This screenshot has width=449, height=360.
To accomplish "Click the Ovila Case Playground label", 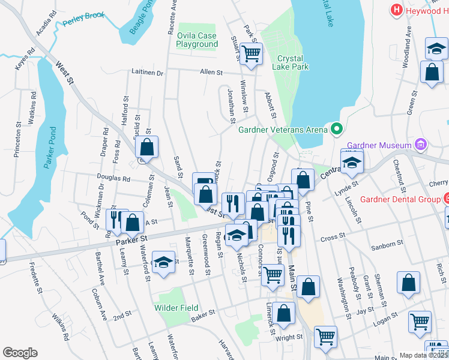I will pos(197,40).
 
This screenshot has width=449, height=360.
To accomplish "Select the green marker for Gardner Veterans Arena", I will pos(336,129).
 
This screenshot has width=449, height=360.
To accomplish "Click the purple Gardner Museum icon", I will pos(421,145).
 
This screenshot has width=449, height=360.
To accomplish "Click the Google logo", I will pos(20,352).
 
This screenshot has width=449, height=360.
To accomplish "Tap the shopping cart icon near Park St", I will pos(252,54).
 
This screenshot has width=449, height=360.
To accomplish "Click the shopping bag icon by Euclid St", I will pos(146,146).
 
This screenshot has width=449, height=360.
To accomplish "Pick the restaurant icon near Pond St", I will pos(115,220).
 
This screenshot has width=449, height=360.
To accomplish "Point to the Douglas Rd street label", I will pos(113,178).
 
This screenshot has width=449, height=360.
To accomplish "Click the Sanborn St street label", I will pos(387,244).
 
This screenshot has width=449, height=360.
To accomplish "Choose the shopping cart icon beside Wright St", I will pos(325,337).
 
